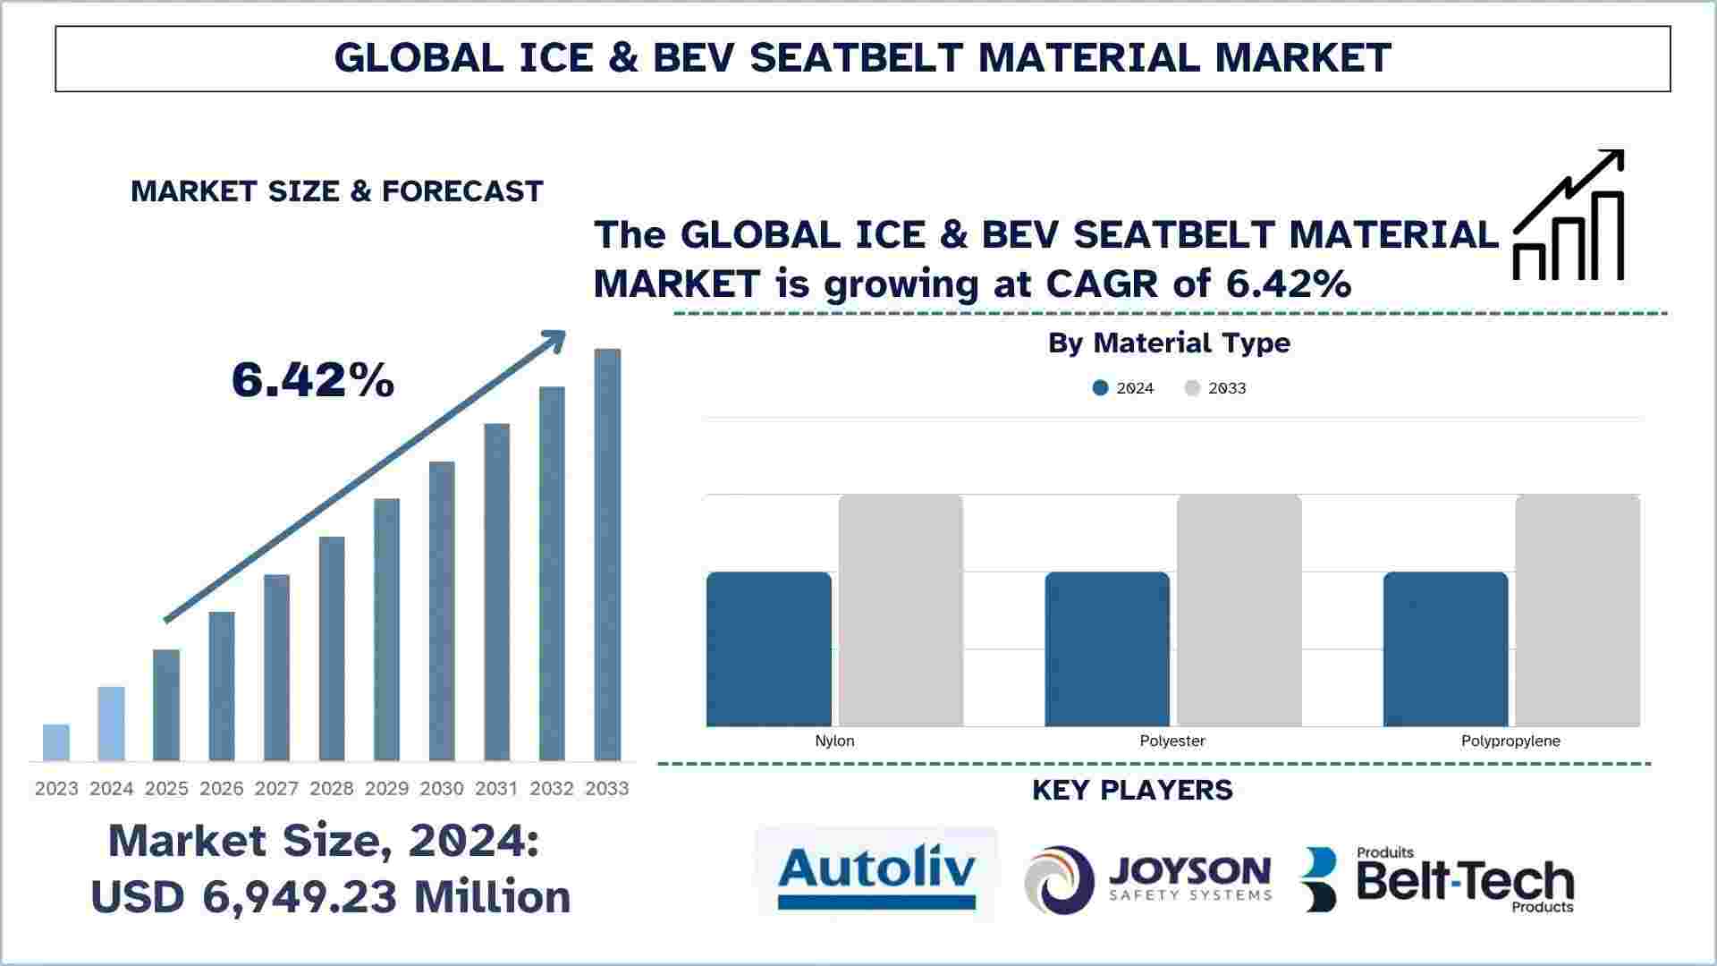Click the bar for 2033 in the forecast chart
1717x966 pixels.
[607, 555]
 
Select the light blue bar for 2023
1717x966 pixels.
[56, 742]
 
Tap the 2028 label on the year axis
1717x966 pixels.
[332, 789]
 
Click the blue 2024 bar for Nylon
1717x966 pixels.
[769, 649]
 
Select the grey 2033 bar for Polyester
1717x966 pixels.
[1239, 610]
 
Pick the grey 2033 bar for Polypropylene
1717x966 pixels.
[1577, 610]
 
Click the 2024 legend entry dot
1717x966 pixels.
[1101, 388]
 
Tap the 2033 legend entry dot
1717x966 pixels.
[1193, 388]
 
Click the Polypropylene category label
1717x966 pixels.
[1510, 741]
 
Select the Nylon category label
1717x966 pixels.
[834, 741]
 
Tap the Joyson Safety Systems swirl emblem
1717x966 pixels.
[1060, 880]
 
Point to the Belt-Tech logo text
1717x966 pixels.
[1465, 882]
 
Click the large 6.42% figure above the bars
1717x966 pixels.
[313, 379]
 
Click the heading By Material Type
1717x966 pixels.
[1169, 343]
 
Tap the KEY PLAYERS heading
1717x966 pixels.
[1132, 790]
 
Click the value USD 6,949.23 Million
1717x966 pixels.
[331, 896]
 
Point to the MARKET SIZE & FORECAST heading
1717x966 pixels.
[337, 191]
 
